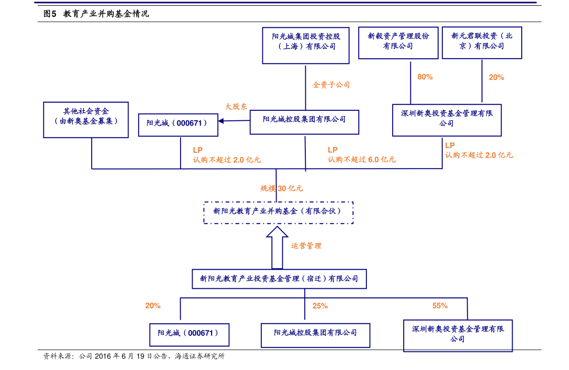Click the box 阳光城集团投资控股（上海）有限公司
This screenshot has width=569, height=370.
pyautogui.click(x=306, y=46)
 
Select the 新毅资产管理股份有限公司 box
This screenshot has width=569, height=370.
pyautogui.click(x=398, y=43)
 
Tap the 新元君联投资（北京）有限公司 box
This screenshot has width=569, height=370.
pyautogui.click(x=482, y=43)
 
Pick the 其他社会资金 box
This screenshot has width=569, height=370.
pyautogui.click(x=86, y=120)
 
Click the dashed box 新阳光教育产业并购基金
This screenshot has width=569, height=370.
pyautogui.click(x=279, y=212)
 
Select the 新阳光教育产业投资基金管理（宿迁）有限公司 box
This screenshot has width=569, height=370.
pyautogui.click(x=279, y=279)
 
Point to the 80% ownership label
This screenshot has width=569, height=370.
pyautogui.click(x=425, y=77)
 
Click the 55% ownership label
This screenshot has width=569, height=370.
pyautogui.click(x=440, y=306)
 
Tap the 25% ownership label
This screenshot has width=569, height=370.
pyautogui.click(x=320, y=306)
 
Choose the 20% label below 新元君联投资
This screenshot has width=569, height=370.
pyautogui.click(x=496, y=77)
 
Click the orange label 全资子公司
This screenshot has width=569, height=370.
pyautogui.click(x=331, y=85)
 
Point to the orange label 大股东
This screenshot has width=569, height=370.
pyautogui.click(x=236, y=106)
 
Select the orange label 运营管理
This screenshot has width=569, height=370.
pyautogui.click(x=306, y=246)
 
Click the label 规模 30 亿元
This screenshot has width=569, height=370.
pyautogui.click(x=281, y=189)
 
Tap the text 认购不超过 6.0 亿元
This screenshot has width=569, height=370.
pyautogui.click(x=362, y=159)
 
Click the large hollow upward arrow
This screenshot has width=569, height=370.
pyautogui.click(x=277, y=247)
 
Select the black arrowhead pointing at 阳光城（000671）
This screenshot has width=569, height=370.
pyautogui.click(x=221, y=121)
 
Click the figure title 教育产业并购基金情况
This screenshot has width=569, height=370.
pyautogui.click(x=106, y=14)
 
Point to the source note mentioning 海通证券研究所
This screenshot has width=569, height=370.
pyautogui.click(x=134, y=356)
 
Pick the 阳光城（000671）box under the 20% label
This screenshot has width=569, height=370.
pyautogui.click(x=189, y=335)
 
